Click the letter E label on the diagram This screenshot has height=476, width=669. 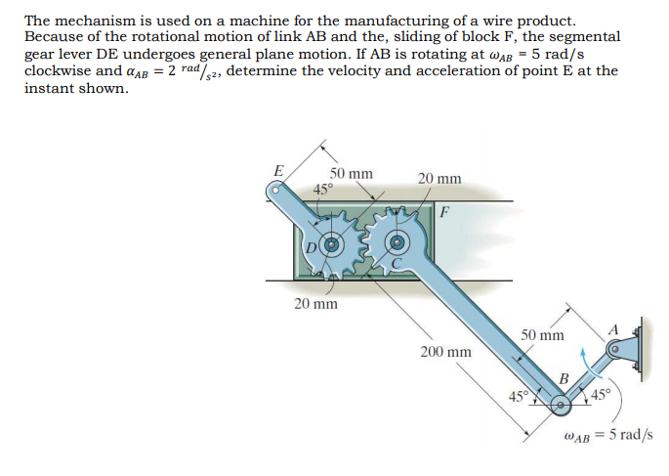point(278,170)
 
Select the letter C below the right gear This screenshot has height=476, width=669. point(397,263)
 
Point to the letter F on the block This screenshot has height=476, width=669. point(445,210)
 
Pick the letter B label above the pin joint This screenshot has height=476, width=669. point(564,379)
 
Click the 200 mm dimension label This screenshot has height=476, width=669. point(445,351)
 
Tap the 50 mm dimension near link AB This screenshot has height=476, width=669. point(541,335)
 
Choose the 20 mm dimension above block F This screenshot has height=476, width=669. point(439,179)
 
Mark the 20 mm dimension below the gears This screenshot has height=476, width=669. point(315,304)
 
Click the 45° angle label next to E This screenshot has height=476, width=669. point(323,189)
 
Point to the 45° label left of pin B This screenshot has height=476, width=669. point(518,396)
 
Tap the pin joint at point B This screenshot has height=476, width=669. point(560,404)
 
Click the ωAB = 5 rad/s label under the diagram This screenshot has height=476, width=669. point(609,434)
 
